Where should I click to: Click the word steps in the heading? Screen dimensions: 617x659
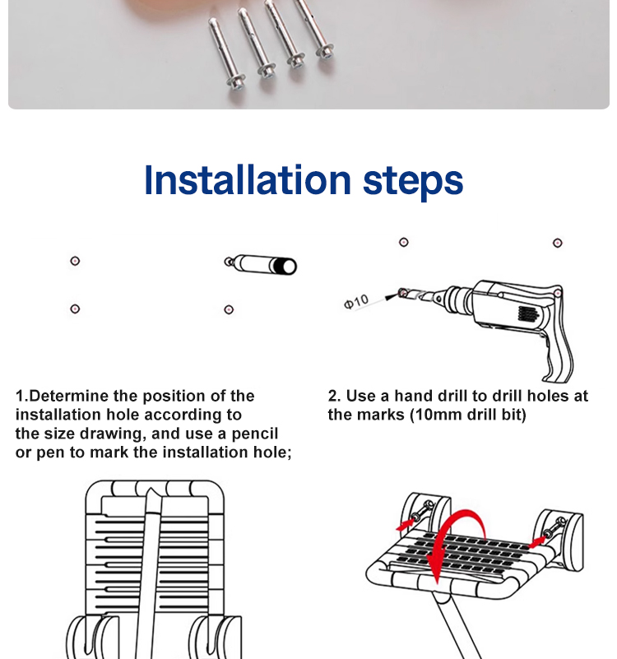(x=413, y=182)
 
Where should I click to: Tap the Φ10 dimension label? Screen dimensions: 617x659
(x=356, y=301)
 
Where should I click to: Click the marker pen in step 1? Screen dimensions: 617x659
(x=261, y=265)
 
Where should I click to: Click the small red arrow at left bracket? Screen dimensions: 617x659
(x=404, y=525)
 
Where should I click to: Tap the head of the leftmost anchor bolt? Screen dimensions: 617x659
(x=235, y=82)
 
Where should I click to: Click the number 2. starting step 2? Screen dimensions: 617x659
(x=335, y=396)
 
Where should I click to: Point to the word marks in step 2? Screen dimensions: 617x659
(x=380, y=415)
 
